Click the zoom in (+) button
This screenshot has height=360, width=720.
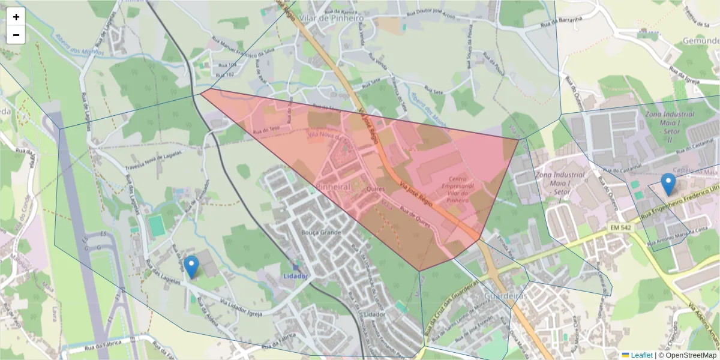(16, 17)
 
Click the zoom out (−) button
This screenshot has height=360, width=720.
(16, 35)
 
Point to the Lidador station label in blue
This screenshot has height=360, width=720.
(295, 276)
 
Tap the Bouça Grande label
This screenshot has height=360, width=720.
(321, 232)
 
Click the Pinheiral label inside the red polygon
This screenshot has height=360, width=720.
(333, 187)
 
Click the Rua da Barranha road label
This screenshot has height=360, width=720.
(563, 22)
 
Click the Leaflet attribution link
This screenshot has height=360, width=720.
(641, 355)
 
